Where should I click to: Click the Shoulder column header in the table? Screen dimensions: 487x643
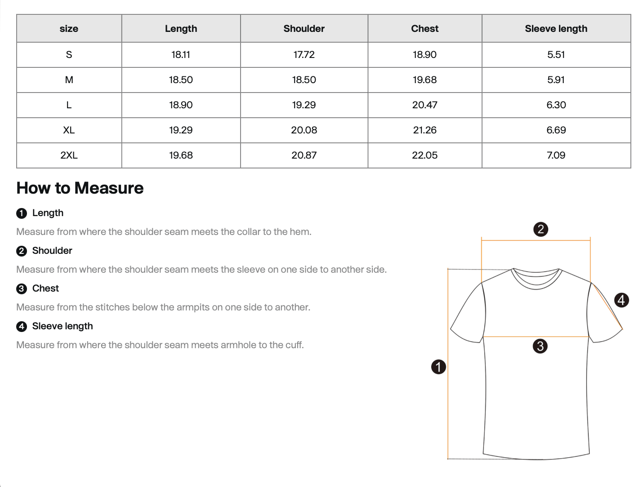pos(304,29)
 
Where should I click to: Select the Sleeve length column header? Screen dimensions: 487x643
pos(556,29)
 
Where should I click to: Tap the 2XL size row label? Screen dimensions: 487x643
pos(69,155)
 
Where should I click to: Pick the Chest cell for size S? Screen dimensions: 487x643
pos(424,55)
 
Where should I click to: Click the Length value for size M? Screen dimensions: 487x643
pos(181,80)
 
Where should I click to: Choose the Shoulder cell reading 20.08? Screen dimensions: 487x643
pos(304,130)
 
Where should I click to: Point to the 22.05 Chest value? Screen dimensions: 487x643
pos(424,155)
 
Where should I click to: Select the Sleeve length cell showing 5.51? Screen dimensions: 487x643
pos(556,55)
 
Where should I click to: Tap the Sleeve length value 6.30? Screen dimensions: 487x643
pos(556,105)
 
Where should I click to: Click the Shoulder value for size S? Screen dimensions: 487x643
pos(304,55)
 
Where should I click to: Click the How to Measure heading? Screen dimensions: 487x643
pos(80,188)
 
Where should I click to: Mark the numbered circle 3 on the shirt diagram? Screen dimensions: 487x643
pos(540,346)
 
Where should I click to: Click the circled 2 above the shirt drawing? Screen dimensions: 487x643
pos(540,230)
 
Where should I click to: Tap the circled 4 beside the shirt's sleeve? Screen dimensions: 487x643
pos(621,300)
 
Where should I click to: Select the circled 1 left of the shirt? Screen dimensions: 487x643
pos(438,367)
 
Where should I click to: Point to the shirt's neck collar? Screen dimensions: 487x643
pos(536,279)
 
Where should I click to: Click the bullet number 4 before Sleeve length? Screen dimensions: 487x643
pos(22,327)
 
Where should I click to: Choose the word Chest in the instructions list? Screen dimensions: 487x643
pos(45,288)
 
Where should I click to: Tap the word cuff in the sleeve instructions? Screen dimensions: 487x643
pos(295,345)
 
